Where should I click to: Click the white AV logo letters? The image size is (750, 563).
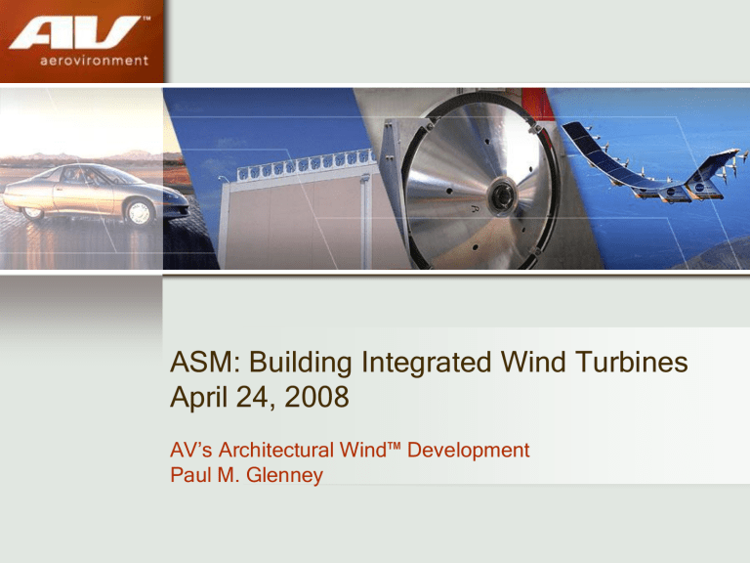click(74, 32)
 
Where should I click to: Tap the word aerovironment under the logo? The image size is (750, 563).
click(94, 61)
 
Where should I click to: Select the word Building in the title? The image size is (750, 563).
click(301, 362)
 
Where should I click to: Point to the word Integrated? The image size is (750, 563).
click(426, 362)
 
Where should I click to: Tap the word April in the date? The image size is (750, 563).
click(198, 398)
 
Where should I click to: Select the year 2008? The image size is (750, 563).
click(316, 397)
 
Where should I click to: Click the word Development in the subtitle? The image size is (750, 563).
click(469, 451)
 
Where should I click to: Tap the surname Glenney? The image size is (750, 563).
click(284, 475)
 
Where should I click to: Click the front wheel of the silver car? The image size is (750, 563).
click(140, 211)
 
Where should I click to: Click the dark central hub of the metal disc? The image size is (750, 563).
click(502, 195)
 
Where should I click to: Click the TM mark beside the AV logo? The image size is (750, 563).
click(146, 20)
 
